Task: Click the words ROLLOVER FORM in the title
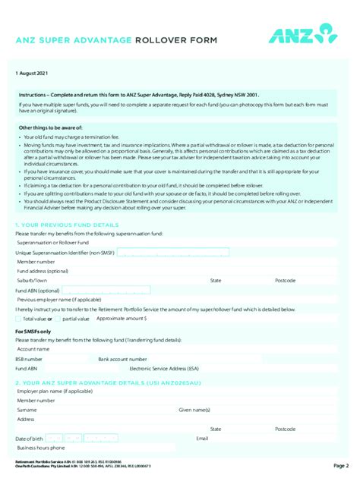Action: [175, 39]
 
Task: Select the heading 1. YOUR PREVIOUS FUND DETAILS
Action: [67, 225]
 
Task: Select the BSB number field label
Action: [29, 357]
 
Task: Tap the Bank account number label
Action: [122, 357]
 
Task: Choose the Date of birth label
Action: [30, 439]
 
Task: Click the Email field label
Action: [202, 439]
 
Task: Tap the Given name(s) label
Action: [194, 410]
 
